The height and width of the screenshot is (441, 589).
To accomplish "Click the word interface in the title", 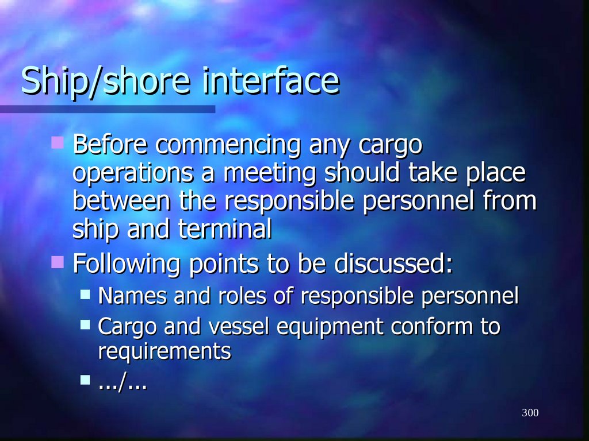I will pos(270,81).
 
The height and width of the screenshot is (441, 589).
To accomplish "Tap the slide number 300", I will pos(530,413).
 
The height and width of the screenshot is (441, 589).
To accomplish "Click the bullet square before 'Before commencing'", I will pos(57,141).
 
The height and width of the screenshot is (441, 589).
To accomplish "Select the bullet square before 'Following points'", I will pos(57,262).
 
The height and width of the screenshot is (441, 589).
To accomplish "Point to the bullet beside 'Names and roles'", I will pos(86,295).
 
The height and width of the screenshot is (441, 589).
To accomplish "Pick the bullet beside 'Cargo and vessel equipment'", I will pos(86,324).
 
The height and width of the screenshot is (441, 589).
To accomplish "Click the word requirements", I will pos(165,351).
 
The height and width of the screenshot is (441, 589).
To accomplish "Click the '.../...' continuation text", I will pos(123,381).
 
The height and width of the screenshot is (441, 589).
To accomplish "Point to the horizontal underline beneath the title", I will pos(107,109).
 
